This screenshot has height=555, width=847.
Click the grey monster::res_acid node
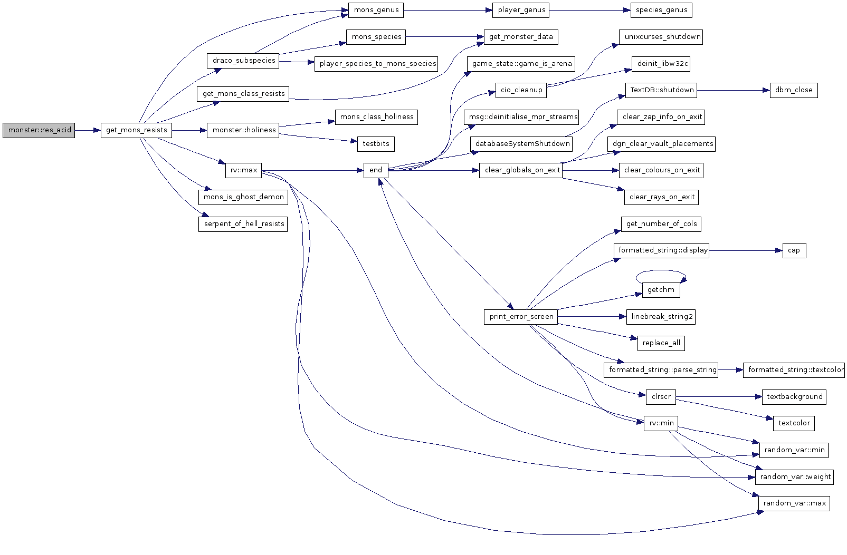point(39,130)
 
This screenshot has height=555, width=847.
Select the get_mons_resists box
point(136,130)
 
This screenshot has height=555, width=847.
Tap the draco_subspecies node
point(243,61)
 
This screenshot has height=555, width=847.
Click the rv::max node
point(243,170)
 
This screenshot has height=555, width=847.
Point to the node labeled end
point(375,170)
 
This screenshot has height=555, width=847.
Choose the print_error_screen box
point(521,317)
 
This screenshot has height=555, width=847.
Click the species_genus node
point(661,10)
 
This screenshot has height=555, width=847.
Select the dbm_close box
point(793,90)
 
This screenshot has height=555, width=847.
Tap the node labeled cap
point(793,250)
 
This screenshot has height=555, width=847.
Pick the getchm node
point(661,290)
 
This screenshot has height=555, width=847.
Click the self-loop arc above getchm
point(661,271)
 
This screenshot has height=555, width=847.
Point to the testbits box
point(375,144)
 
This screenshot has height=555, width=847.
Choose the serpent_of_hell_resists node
point(243,224)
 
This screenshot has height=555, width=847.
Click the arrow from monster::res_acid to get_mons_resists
point(88,130)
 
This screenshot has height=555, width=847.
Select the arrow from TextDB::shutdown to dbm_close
point(734,90)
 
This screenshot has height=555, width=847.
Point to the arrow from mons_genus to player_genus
point(448,10)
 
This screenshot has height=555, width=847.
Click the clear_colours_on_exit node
point(661,170)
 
